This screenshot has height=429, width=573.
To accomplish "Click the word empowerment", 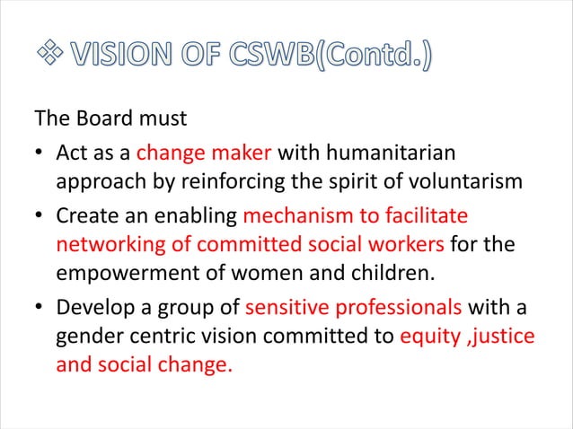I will click(123, 275).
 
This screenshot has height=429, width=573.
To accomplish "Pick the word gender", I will click(89, 337).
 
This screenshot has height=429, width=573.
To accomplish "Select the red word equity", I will click(430, 337).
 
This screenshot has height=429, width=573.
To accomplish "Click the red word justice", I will click(507, 337).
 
